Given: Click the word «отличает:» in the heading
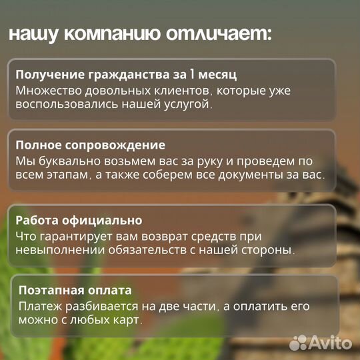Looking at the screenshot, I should pos(224,35).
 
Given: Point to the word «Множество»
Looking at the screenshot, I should pos(45,90).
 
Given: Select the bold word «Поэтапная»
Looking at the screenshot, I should pos(49,290).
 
